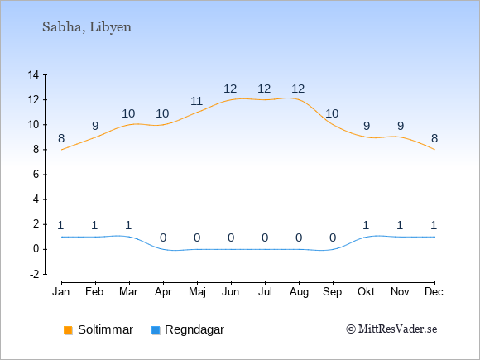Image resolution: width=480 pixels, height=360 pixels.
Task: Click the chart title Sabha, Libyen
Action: coord(87,27)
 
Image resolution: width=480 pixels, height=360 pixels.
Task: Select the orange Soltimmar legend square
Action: coord(68,330)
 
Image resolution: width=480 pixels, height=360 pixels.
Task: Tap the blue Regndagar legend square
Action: coord(156,330)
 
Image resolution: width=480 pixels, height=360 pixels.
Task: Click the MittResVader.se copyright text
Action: coord(391,329)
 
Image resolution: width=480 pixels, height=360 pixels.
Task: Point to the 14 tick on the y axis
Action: coord(33,74)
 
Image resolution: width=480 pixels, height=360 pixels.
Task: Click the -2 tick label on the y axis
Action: coord(34,274)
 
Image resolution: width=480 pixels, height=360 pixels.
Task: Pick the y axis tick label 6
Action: coord(36,175)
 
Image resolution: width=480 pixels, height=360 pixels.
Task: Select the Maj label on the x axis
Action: coord(197,292)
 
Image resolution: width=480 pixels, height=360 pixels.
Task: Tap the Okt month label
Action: coord(366,292)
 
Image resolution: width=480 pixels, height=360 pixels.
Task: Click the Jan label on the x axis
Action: coord(61,292)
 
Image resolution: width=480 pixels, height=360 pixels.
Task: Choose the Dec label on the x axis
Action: coord(434,292)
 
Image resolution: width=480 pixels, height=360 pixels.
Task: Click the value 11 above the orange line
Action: coord(196,101)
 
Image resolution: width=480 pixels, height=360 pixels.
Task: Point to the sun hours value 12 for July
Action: coord(264,89)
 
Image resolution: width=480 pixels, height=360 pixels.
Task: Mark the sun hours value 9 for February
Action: coord(95,126)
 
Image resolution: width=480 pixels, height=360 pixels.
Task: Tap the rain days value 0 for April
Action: coord(163,238)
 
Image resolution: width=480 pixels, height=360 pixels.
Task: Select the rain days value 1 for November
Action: coord(400,226)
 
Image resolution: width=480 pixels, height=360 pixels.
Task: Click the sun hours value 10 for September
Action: coord(332,114)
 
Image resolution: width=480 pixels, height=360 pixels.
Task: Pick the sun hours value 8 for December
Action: coord(434,139)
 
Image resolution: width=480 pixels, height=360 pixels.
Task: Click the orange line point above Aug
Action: coord(299,100)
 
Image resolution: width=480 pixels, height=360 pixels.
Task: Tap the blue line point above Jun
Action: coord(231,249)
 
